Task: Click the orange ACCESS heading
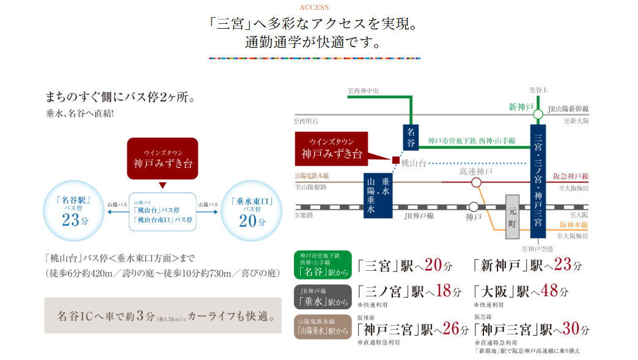click(x=314, y=7)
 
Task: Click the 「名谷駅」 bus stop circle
click(x=72, y=210)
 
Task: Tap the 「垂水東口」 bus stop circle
click(x=251, y=210)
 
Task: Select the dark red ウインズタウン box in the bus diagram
click(x=163, y=158)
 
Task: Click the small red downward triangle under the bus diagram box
click(x=163, y=185)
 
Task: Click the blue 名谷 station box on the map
click(x=411, y=138)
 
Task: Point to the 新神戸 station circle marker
click(x=538, y=114)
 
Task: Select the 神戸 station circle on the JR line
click(x=474, y=207)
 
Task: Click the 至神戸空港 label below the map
click(x=537, y=249)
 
